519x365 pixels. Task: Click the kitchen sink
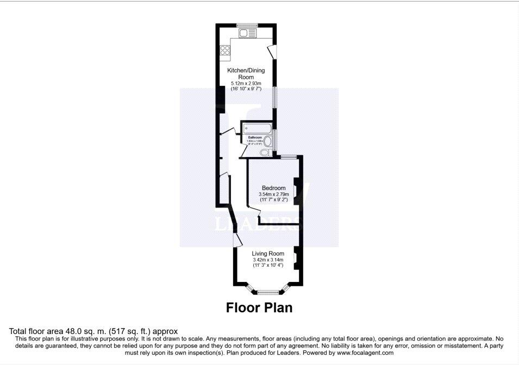click(247, 33)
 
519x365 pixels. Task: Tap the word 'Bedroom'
click(273, 188)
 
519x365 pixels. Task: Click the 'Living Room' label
click(268, 253)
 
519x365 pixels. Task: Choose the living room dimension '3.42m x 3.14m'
click(268, 260)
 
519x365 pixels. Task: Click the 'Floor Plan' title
click(259, 307)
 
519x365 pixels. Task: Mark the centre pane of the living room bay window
click(267, 292)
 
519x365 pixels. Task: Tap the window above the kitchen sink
click(247, 24)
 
